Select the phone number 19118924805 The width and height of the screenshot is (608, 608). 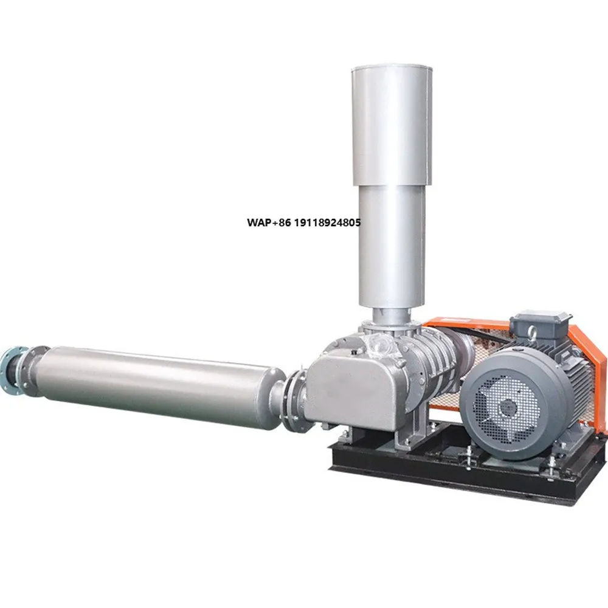(x=327, y=223)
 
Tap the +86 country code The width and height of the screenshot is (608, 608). (x=283, y=223)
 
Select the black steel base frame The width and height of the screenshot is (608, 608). (x=462, y=471)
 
